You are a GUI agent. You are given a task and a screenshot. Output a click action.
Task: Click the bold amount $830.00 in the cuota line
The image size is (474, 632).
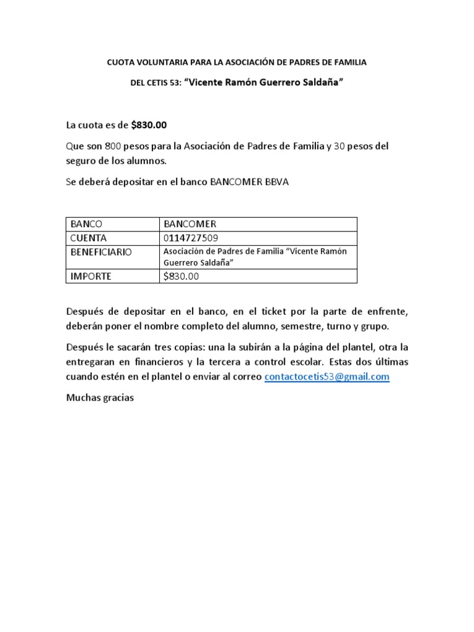(149, 125)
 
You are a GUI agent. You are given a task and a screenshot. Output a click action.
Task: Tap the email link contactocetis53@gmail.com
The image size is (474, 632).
(326, 377)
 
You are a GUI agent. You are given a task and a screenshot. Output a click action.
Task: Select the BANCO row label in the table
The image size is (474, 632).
(86, 224)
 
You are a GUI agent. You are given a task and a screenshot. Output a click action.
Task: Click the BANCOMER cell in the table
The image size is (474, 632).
(189, 224)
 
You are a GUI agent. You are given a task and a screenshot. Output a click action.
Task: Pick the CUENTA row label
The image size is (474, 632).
(89, 238)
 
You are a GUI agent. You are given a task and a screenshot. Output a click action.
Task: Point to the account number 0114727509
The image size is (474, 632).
(190, 238)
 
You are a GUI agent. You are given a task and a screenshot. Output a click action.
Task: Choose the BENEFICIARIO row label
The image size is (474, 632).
(101, 252)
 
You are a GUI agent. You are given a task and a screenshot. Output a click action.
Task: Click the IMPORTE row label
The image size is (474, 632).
(91, 276)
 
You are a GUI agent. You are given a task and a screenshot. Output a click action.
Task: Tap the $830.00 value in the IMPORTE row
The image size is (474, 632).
(181, 276)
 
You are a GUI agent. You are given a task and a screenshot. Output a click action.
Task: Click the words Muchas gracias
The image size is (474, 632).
(99, 398)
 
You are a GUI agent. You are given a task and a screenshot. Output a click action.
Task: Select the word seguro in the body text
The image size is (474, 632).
(80, 161)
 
